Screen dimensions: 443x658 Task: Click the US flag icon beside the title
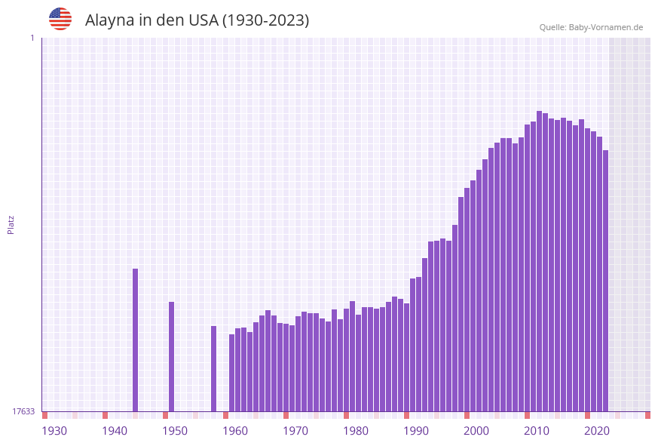60,19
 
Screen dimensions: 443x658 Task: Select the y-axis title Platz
11,224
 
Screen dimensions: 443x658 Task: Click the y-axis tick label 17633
23,411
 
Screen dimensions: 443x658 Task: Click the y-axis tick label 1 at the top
32,38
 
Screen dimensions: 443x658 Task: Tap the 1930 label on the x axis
54,431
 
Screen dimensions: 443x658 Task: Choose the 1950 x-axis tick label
175,431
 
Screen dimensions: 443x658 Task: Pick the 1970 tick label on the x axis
295,431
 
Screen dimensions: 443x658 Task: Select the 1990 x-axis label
416,431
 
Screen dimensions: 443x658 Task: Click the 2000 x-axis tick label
476,431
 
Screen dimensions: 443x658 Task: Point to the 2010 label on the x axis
537,431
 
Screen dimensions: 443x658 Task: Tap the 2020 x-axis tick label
597,431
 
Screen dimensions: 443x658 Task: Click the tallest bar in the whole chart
539,260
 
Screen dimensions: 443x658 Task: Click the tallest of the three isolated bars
136,340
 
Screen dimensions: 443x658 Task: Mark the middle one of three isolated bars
172,356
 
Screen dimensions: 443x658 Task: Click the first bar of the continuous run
232,373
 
